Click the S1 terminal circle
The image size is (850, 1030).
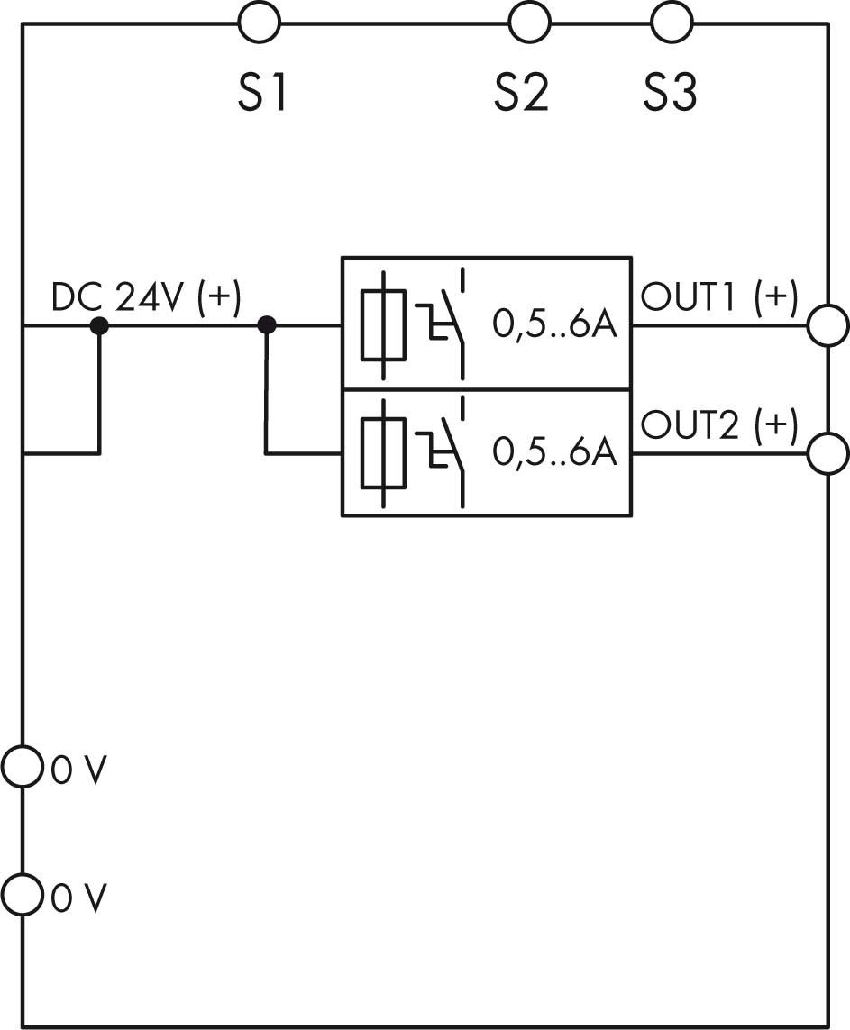coord(260,22)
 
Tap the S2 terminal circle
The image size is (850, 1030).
coord(529,22)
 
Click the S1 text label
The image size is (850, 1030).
coord(261,92)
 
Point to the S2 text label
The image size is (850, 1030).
coord(521,92)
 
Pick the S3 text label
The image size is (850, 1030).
coord(670,92)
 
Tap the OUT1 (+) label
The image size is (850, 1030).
coord(718,296)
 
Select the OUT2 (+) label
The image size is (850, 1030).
coord(718,425)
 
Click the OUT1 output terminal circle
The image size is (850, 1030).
coord(827,325)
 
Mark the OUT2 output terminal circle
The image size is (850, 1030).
coord(827,453)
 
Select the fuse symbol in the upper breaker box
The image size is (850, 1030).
coord(383,324)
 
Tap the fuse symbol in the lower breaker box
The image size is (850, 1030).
coord(383,452)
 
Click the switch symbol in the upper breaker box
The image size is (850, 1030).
coord(445,323)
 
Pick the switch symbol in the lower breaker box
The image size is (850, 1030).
coord(445,451)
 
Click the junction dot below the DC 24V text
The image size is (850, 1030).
coord(99,325)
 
